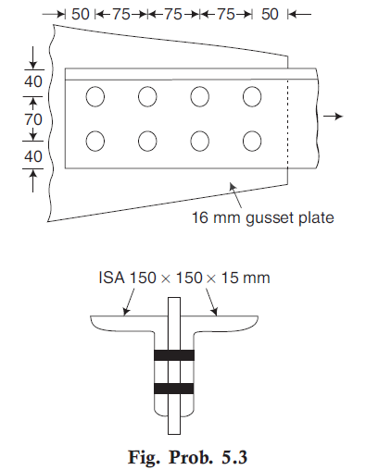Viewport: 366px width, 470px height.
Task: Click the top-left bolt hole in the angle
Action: click(95, 96)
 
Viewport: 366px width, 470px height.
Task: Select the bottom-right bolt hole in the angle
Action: click(252, 141)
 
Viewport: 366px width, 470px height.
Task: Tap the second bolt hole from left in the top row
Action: click(147, 96)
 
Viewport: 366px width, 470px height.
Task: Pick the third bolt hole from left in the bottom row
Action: click(200, 141)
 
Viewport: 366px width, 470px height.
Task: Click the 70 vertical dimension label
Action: click(33, 119)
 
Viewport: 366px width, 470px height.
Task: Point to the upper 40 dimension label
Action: click(33, 81)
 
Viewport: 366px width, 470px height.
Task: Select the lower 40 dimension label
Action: click(33, 156)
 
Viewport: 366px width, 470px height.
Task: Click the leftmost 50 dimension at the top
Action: click(81, 14)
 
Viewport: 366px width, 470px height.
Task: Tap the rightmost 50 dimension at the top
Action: click(270, 14)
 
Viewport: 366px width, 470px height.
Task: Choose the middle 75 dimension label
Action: click(173, 14)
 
